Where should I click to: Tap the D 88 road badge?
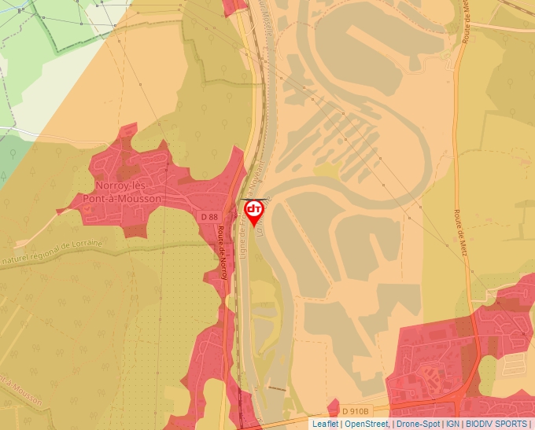[x=208, y=216]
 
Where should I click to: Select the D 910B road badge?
[x=355, y=411]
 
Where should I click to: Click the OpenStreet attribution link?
[x=367, y=424]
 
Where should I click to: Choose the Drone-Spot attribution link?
[x=418, y=424]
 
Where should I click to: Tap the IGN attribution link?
[x=453, y=424]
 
